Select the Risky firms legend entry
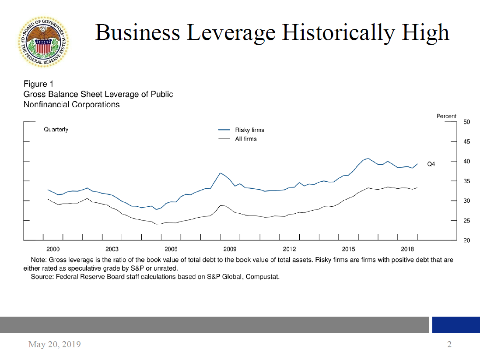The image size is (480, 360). pyautogui.click(x=249, y=130)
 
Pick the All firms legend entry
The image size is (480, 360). pyautogui.click(x=245, y=139)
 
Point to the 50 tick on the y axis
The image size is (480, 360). pyautogui.click(x=466, y=122)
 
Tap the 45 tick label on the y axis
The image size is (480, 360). pyautogui.click(x=466, y=142)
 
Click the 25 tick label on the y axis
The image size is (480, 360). pyautogui.click(x=466, y=221)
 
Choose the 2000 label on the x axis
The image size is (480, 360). pyautogui.click(x=53, y=249)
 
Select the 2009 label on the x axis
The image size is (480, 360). pyautogui.click(x=230, y=249)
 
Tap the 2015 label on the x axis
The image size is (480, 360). pyautogui.click(x=349, y=249)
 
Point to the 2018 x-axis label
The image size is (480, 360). pyautogui.click(x=408, y=249)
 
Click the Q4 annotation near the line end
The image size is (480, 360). pyautogui.click(x=431, y=164)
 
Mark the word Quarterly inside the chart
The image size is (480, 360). pyautogui.click(x=56, y=130)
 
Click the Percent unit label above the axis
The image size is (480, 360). pyautogui.click(x=446, y=116)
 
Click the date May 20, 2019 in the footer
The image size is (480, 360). pyautogui.click(x=54, y=344)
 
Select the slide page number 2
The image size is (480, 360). pyautogui.click(x=449, y=344)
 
